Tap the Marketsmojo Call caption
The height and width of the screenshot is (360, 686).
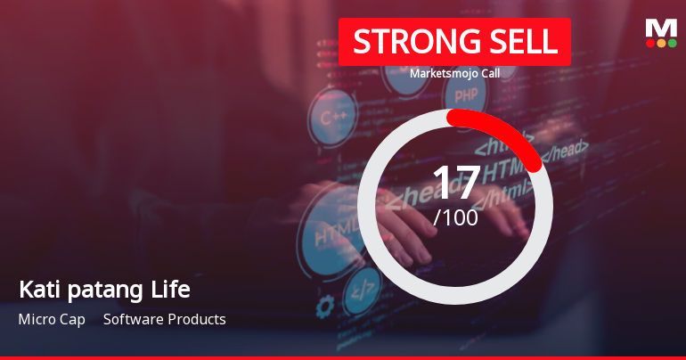[454, 73]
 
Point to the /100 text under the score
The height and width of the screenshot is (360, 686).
[455, 217]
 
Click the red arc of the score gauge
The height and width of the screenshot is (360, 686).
[508, 130]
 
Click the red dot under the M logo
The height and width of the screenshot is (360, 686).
[649, 43]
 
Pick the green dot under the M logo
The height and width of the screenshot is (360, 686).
[673, 43]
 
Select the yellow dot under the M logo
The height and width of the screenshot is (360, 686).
[661, 43]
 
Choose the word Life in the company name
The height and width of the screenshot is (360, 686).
[172, 290]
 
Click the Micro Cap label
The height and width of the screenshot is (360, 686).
[52, 319]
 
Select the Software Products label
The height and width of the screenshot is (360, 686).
[165, 319]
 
